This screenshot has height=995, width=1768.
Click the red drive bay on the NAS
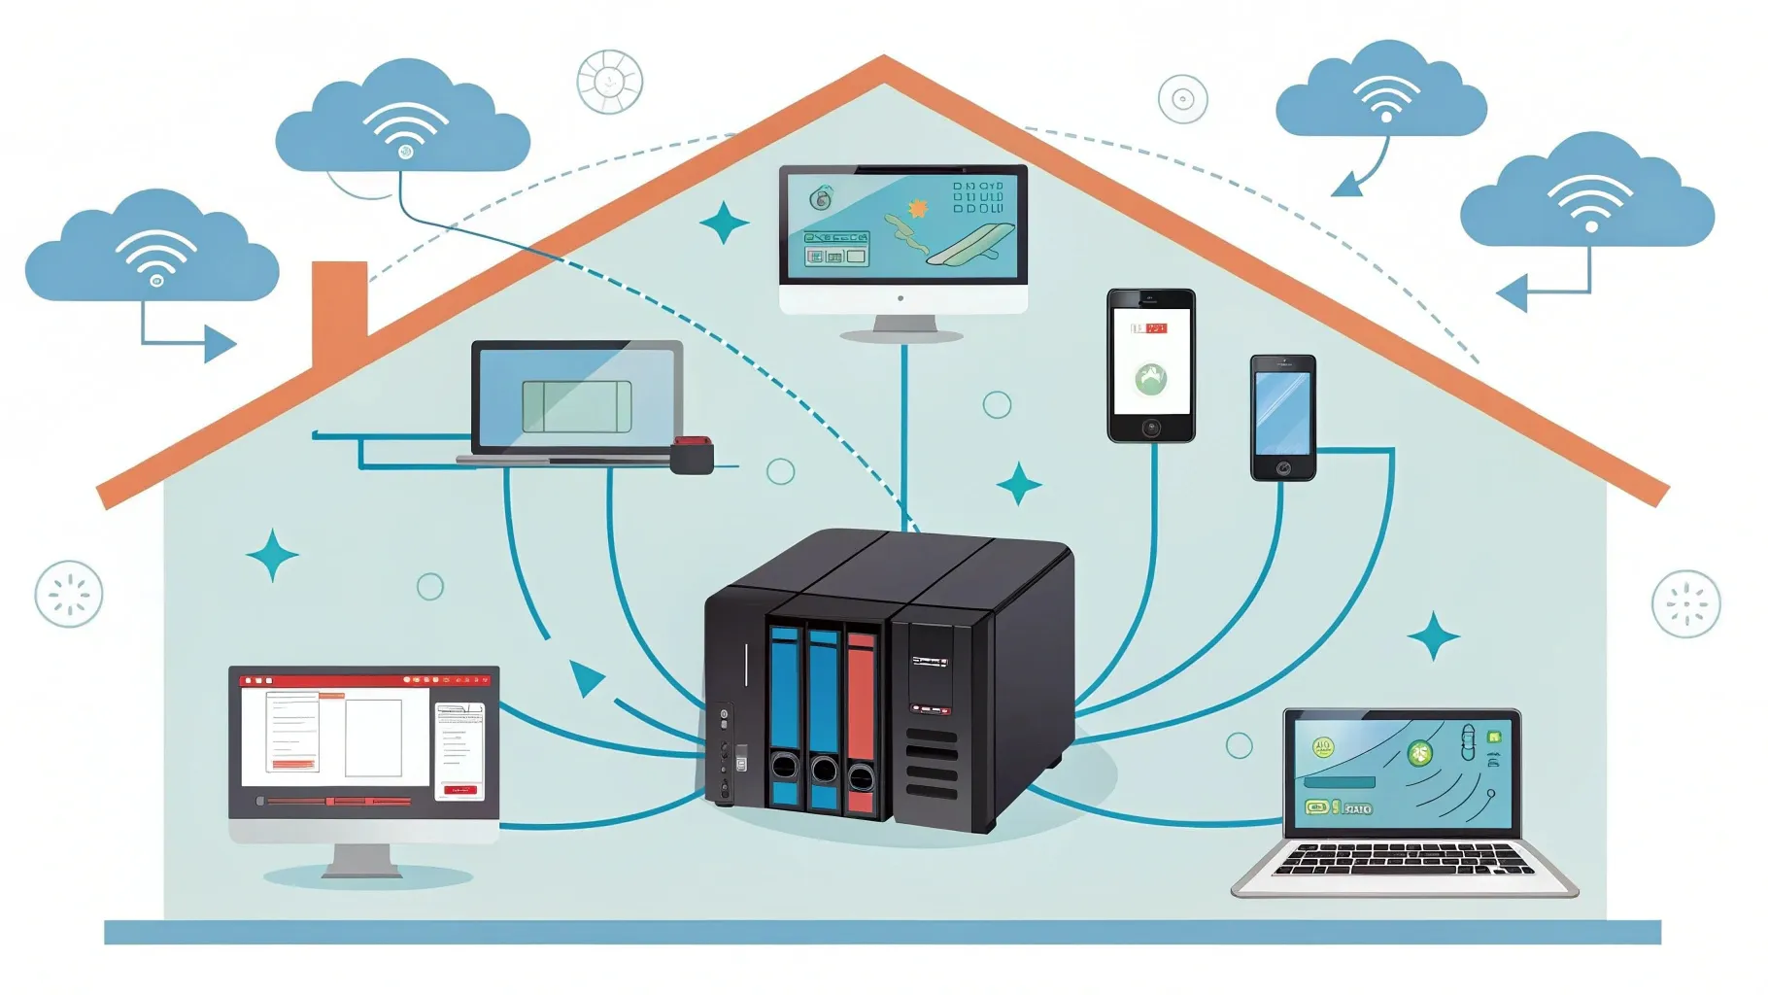tap(861, 719)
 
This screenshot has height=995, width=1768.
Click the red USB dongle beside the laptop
tap(692, 455)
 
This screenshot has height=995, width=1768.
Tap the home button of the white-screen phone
tap(1151, 428)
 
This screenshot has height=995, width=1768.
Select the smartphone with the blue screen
tap(1282, 418)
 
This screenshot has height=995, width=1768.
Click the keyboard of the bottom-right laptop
tap(1404, 860)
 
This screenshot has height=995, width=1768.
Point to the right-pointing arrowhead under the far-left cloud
tap(221, 343)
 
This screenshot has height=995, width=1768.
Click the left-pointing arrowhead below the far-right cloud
tap(1512, 292)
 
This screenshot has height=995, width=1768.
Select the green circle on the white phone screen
tap(1151, 378)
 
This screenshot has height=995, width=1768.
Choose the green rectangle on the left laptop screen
tap(577, 406)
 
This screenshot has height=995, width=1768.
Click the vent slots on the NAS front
tap(932, 763)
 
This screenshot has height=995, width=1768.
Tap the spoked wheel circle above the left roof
tap(609, 82)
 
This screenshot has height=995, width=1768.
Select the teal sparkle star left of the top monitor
tap(725, 223)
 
